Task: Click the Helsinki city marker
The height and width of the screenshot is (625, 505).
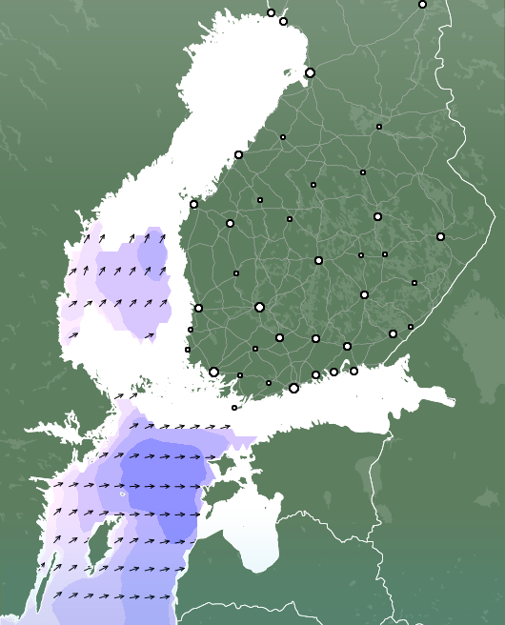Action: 293,388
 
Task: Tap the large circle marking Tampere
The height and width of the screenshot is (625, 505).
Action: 259,307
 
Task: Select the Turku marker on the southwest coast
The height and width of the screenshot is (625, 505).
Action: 213,372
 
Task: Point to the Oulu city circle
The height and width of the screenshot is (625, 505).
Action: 310,72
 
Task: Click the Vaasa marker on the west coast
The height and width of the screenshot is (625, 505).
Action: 193,204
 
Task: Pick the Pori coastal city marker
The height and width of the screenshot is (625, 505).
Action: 198,308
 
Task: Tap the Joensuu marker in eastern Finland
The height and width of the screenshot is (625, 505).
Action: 440,236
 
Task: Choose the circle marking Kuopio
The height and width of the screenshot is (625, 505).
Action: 377,216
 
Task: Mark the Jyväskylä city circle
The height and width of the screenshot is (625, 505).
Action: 318,260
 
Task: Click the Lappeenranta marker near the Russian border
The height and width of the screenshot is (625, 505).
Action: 393,333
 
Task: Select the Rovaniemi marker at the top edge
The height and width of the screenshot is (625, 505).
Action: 422,5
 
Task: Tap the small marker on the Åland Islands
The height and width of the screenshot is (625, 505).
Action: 234,408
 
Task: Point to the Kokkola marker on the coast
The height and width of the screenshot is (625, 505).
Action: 238,154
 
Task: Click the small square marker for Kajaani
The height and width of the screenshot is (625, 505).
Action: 378,127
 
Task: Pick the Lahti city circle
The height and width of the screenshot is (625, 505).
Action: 315,338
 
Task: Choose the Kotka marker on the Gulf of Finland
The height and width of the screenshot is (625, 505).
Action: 353,371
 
